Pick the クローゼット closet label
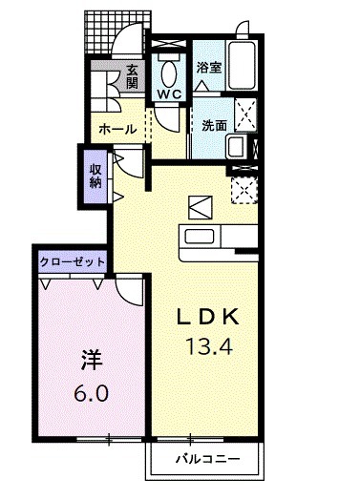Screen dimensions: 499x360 point(73,259)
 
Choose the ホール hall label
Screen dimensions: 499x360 point(117,128)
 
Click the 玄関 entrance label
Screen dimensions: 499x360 point(132,76)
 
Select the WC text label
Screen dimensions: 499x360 point(170,94)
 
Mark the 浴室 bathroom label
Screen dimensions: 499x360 point(209,68)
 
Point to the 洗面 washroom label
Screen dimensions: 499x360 point(214,125)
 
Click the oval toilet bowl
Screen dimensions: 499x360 point(170,72)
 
